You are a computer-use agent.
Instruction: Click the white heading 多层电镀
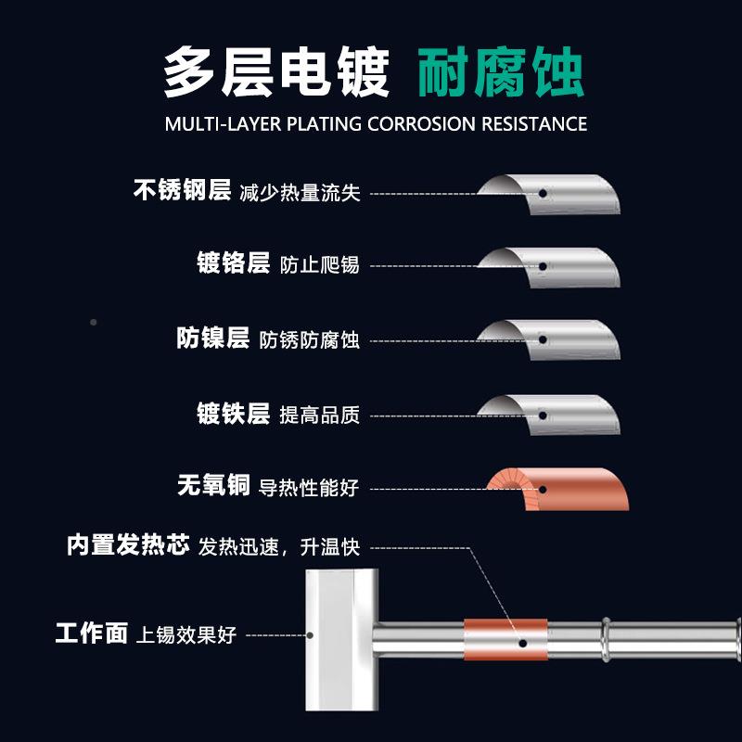pos(276,73)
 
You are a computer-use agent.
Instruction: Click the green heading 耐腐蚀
pos(501,73)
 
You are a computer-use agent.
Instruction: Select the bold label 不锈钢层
pos(182,191)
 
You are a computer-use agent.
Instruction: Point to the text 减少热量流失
pos(300,193)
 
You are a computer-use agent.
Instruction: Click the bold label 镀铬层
pos(233,263)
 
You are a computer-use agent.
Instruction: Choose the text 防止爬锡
pos(319,265)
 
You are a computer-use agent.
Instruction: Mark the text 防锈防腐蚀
pos(309,339)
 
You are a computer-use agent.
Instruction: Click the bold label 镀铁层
pos(233,413)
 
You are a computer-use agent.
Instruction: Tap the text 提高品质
pos(319,415)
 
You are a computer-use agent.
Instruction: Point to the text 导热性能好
pos(309,488)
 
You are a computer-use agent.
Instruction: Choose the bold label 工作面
pos(91,634)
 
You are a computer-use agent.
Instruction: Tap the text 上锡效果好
pos(187,636)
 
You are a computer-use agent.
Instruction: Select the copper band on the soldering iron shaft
pos(505,640)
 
